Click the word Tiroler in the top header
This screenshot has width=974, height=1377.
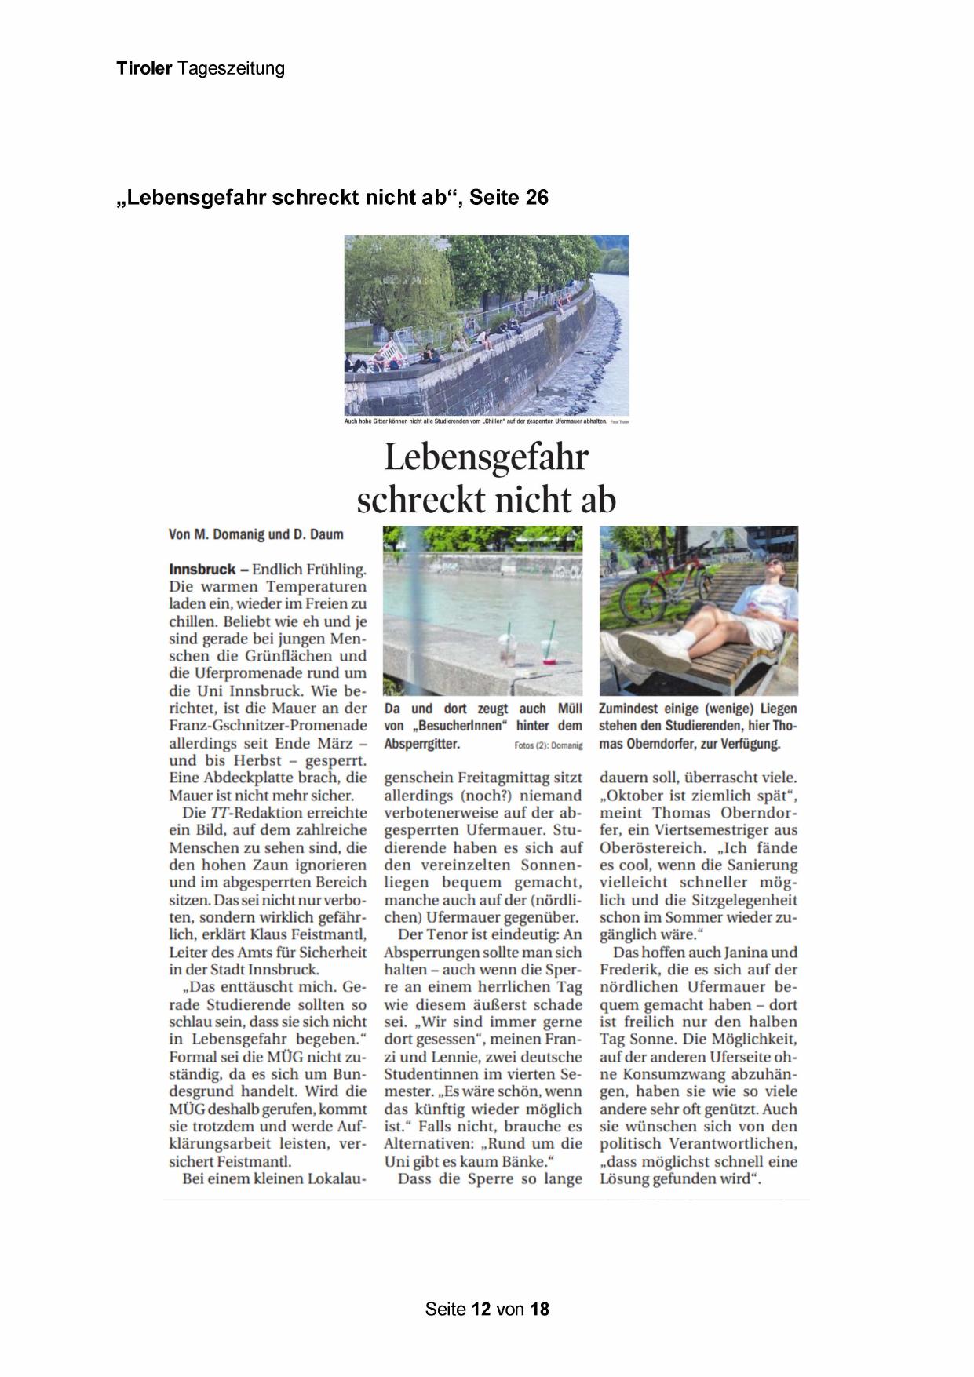[144, 68]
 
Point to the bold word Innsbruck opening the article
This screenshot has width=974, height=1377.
[202, 569]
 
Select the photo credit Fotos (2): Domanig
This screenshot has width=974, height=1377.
[549, 745]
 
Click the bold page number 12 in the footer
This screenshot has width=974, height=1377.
[481, 1308]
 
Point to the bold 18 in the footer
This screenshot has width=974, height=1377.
[539, 1308]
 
